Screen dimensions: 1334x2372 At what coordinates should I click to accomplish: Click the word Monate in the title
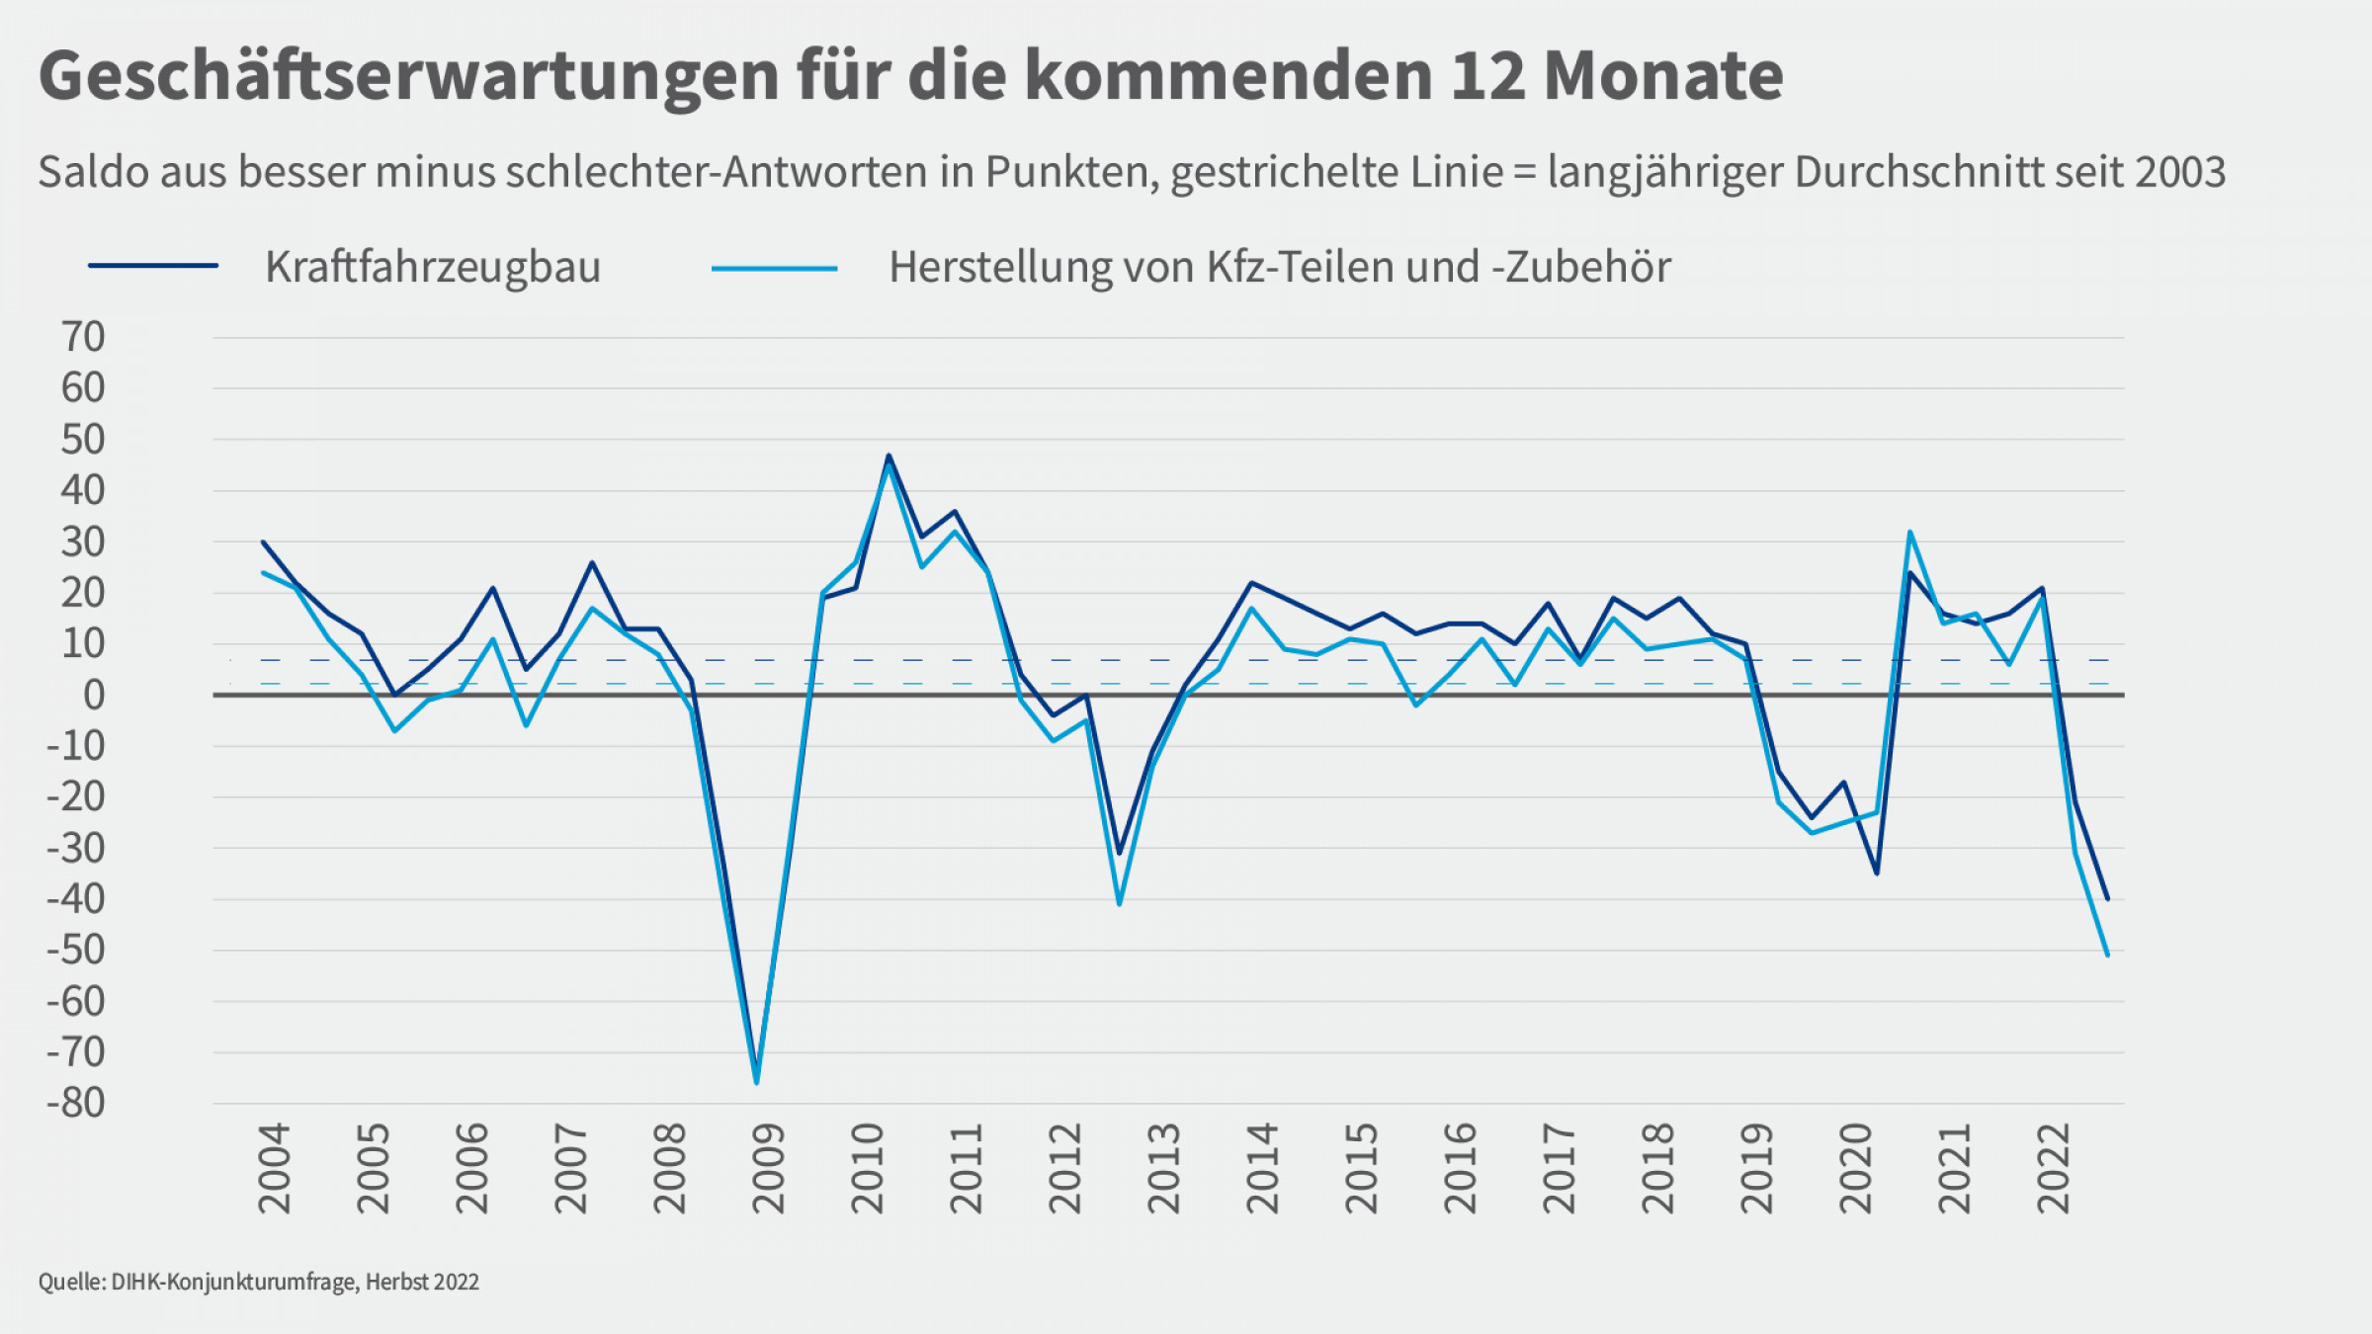point(1663,75)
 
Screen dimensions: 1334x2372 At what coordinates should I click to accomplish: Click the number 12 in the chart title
point(1488,75)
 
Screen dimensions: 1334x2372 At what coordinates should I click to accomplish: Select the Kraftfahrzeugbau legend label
point(433,267)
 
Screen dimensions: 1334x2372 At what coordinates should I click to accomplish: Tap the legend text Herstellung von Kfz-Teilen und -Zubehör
point(1280,267)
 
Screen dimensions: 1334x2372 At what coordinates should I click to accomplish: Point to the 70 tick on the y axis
point(83,337)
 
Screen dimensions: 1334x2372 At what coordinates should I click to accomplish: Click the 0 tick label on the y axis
point(94,695)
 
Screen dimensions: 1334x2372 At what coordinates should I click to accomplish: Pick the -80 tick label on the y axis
point(76,1103)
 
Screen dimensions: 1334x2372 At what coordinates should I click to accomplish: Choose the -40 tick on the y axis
point(76,899)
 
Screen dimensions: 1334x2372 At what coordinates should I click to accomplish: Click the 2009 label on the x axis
point(769,1168)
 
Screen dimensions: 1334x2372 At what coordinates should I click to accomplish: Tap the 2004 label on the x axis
point(275,1168)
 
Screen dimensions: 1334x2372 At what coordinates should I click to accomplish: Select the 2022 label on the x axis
point(2054,1168)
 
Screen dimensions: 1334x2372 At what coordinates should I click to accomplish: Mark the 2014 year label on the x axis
point(1263,1168)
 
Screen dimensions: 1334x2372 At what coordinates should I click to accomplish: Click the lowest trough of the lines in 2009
point(757,1083)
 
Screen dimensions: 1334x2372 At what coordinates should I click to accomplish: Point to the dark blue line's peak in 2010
point(889,456)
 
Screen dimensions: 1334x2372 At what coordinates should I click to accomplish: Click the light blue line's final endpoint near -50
point(2108,955)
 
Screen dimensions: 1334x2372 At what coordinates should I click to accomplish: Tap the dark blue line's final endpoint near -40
point(2108,898)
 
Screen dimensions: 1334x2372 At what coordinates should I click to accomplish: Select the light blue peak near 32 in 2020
point(1910,532)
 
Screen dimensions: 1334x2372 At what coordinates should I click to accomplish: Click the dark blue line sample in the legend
point(153,266)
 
